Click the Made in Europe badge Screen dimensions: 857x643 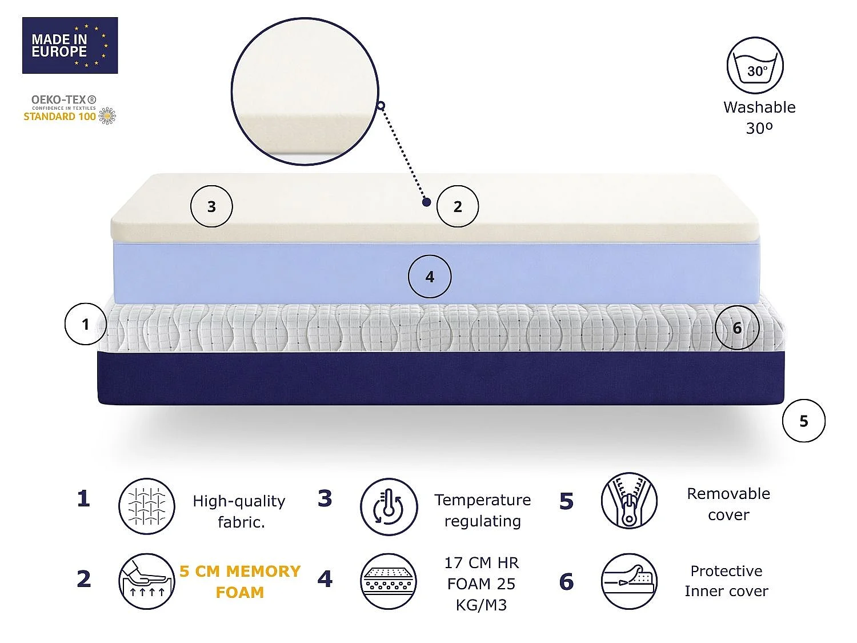[x=70, y=45]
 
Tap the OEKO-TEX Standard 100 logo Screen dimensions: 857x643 [x=70, y=110]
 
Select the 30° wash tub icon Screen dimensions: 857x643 [x=755, y=66]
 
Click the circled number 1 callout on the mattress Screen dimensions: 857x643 [x=86, y=324]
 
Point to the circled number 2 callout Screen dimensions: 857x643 [x=458, y=206]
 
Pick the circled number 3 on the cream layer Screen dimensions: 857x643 [x=211, y=206]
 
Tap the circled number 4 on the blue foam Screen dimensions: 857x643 [x=430, y=277]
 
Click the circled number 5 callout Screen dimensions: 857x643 [x=803, y=421]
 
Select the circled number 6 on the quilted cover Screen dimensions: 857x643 [x=737, y=328]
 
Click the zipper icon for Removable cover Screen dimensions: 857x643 [x=629, y=501]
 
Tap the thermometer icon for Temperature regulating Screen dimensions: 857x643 [x=389, y=507]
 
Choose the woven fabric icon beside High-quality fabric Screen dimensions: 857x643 [x=147, y=506]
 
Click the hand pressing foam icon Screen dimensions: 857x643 [x=147, y=581]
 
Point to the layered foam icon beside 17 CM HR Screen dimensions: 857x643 [x=389, y=581]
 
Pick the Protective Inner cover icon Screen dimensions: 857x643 [x=629, y=581]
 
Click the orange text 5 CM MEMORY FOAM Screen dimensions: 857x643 [x=240, y=582]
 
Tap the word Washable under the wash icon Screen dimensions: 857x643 [x=759, y=107]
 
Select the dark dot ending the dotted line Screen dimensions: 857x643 [x=427, y=202]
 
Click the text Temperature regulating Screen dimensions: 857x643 [x=483, y=510]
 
